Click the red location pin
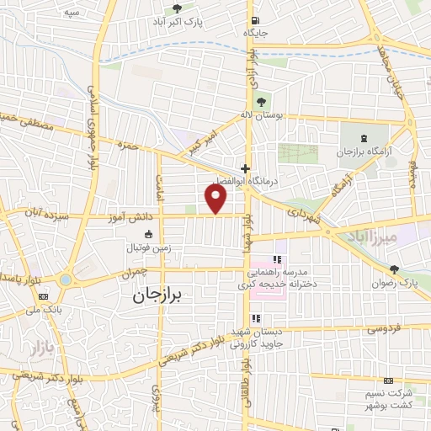(216, 198)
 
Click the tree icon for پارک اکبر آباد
(176, 9)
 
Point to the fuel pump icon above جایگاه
(254, 20)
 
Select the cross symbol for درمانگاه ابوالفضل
(245, 168)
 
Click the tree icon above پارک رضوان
(395, 269)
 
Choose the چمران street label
(134, 273)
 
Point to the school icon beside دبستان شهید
(256, 318)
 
